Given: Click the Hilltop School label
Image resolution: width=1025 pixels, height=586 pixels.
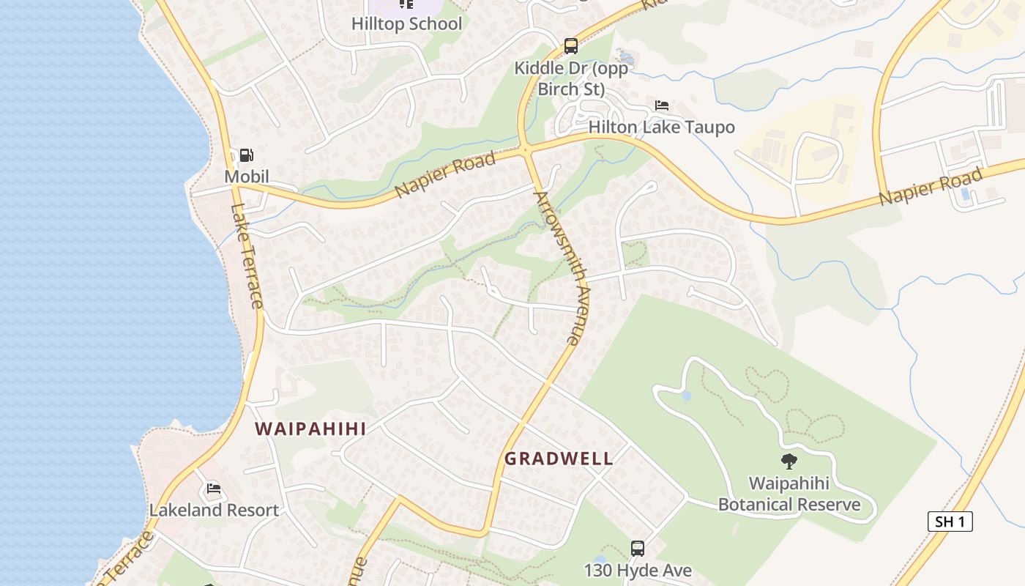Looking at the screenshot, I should click(406, 23).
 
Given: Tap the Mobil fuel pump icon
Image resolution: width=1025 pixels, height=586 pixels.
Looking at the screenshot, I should click(247, 155).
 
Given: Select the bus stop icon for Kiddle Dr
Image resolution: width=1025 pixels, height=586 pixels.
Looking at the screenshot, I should click(571, 46).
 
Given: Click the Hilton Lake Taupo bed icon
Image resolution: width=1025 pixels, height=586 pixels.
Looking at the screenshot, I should click(662, 106).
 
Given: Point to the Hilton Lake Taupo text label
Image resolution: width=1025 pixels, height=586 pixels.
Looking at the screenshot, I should click(662, 127).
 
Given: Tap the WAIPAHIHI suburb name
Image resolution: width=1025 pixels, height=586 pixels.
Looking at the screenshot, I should click(310, 429).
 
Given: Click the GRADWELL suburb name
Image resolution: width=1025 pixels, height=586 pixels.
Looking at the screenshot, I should click(559, 459).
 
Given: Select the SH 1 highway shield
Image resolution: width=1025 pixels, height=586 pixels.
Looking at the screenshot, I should click(950, 522).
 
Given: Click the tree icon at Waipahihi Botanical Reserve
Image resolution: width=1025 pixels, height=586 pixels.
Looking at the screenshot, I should click(789, 461).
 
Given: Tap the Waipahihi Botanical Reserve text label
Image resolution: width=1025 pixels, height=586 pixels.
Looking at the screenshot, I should click(789, 494).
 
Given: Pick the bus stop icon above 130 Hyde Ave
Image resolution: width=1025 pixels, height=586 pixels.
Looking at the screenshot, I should click(638, 548).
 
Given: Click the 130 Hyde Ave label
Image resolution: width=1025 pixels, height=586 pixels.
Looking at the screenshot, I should click(638, 570).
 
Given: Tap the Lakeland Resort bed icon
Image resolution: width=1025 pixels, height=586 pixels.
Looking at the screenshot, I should click(214, 489).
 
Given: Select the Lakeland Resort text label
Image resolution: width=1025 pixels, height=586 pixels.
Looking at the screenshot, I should click(214, 510).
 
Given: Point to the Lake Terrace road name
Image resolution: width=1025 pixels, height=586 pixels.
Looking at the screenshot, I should click(247, 256).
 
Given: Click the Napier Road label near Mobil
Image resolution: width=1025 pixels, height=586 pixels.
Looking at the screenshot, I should click(445, 177).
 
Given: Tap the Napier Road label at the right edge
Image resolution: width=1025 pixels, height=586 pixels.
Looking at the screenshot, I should click(930, 188).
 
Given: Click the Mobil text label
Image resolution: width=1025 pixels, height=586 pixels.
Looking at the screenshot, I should click(247, 177).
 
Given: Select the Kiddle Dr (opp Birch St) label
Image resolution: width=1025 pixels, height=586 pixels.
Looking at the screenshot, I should click(571, 78).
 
